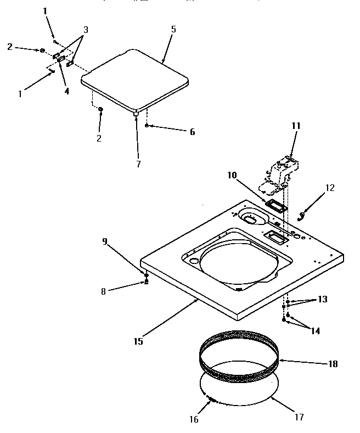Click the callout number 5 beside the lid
click(173, 29)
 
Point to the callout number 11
click(296, 126)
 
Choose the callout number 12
click(329, 188)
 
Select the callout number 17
click(299, 417)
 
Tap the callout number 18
click(333, 364)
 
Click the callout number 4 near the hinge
click(66, 92)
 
